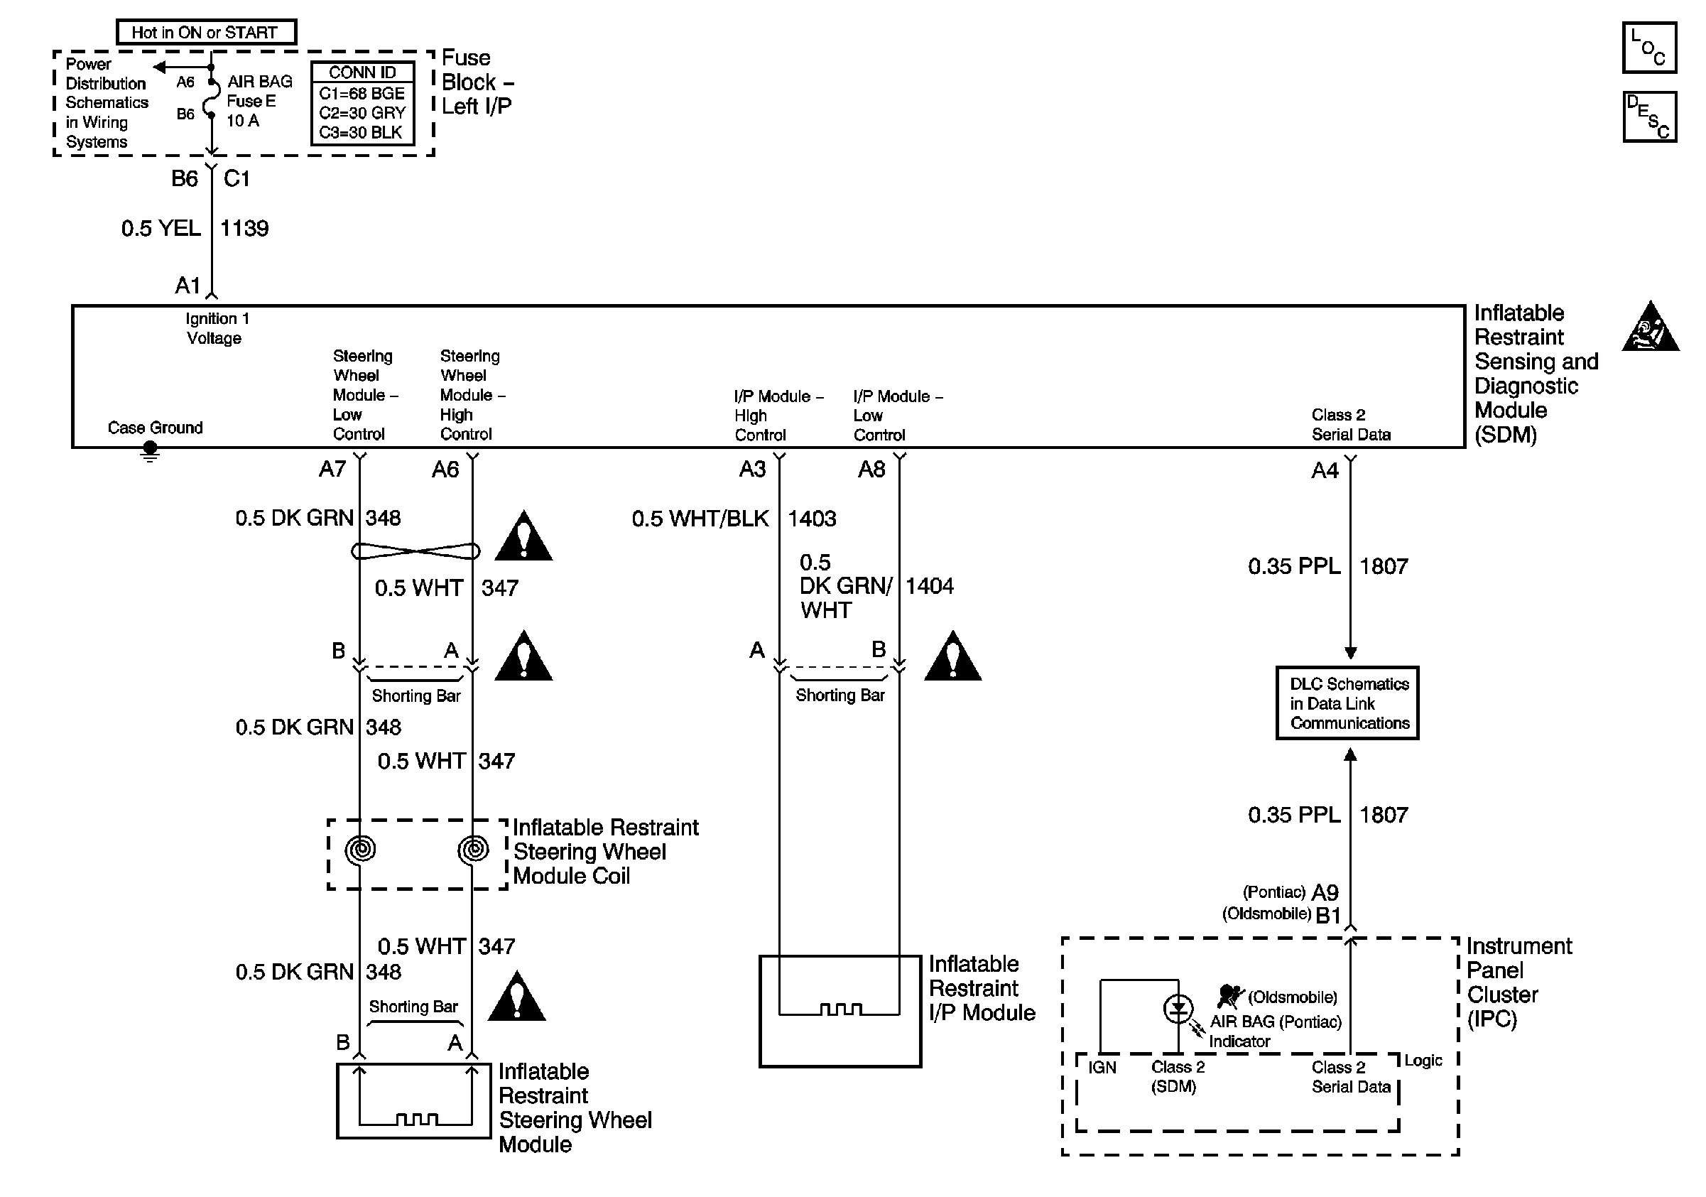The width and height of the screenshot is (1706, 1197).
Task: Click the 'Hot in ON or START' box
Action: coord(206,32)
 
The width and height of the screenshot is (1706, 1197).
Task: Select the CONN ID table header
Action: coord(362,72)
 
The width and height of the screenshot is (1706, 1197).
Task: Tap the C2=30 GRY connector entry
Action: coord(362,113)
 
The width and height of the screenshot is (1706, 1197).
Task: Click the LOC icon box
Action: coord(1648,48)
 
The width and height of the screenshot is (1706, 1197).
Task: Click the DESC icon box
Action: coord(1648,117)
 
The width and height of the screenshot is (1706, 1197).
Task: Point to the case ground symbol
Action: coord(150,450)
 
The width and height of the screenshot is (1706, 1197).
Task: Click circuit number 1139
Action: coord(244,228)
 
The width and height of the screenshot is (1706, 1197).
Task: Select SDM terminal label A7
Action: coord(332,469)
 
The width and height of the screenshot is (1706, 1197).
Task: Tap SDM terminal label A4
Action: coord(1324,470)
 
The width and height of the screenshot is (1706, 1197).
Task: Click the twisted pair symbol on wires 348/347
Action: coord(415,551)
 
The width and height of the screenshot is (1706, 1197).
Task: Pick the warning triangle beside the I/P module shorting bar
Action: coord(952,658)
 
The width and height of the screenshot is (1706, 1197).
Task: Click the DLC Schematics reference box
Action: coord(1347,703)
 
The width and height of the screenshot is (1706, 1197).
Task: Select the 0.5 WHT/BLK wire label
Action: coord(700,519)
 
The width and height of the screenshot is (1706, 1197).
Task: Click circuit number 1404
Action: coord(930,586)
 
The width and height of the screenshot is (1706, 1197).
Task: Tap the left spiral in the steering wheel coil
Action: coord(360,848)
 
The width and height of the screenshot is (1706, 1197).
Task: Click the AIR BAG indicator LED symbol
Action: coord(1178,1009)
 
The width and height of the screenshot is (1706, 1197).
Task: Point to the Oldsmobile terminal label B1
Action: coord(1328,916)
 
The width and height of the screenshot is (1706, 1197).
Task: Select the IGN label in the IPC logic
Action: coord(1102,1068)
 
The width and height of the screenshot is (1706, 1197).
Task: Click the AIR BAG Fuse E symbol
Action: coord(210,98)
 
